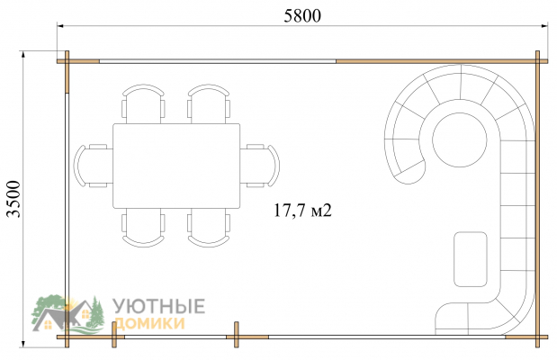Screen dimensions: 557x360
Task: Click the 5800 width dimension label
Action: (x=302, y=16)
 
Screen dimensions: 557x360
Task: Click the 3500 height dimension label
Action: (x=14, y=199)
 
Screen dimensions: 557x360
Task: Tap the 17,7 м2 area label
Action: (x=302, y=210)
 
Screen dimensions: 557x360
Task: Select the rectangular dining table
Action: (x=176, y=166)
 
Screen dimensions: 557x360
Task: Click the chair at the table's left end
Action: (x=93, y=166)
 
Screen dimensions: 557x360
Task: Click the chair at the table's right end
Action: (x=260, y=166)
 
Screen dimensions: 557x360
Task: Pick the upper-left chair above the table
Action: (x=143, y=103)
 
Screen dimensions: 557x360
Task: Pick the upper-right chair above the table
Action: (x=209, y=103)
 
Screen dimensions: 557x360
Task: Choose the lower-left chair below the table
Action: (x=143, y=228)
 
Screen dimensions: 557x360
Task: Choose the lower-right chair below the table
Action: (x=209, y=228)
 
